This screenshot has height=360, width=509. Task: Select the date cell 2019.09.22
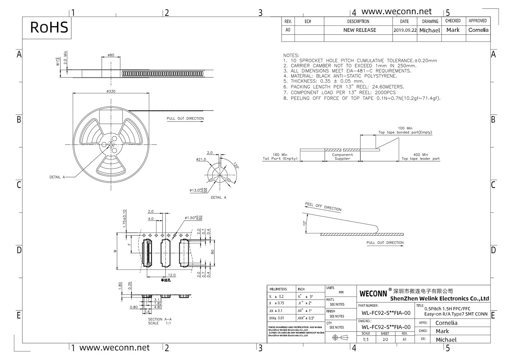click(x=405, y=30)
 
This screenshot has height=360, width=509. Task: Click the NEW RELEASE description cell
click(x=359, y=30)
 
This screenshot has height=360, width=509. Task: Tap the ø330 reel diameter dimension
click(x=111, y=91)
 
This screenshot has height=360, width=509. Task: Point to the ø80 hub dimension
click(x=111, y=55)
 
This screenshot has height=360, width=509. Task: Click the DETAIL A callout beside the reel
click(x=57, y=177)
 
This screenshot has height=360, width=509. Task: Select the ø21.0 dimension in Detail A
click(x=201, y=159)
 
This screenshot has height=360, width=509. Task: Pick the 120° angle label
click(x=235, y=166)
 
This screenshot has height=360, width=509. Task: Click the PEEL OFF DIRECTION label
click(x=323, y=207)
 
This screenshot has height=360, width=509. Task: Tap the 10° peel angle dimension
click(x=305, y=223)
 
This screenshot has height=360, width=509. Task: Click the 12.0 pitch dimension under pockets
click(x=172, y=275)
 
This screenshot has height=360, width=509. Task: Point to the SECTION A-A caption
click(x=160, y=321)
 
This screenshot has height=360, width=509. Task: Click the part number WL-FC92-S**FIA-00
click(x=386, y=313)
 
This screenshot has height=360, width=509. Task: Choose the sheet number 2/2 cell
click(x=385, y=339)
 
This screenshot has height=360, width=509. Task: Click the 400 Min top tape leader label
click(x=420, y=157)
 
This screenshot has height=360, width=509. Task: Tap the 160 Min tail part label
click(x=280, y=157)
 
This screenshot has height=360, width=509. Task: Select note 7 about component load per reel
click(x=343, y=93)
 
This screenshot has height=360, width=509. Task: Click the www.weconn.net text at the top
click(x=396, y=12)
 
